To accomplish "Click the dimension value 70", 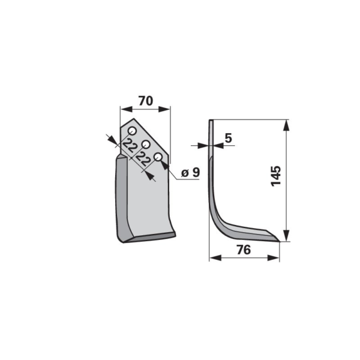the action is pos(146,101).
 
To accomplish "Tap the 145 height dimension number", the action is pos(276,176).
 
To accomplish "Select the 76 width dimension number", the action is pos(244,250).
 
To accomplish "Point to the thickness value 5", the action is pos(229,138).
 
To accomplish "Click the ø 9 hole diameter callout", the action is pos(190,172).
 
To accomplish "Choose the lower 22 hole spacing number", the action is pos(143,159).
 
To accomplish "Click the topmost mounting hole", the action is pos(133,131).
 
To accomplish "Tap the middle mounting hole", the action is pos(146,145).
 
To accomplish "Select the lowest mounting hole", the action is pos(158,157).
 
